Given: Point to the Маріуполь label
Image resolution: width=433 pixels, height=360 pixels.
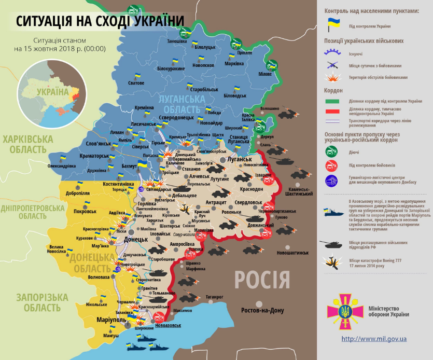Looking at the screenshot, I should coord(111,320).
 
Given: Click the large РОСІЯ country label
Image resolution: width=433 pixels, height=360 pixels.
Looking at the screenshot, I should coord(262,280).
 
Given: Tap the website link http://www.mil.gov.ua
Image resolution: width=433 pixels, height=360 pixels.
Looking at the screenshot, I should coord(374,339).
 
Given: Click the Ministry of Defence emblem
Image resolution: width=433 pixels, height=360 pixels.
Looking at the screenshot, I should coord(342,311).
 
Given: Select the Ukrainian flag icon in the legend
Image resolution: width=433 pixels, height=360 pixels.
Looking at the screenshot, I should coord(332,24).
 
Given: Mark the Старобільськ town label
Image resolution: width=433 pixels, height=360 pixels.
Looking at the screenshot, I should coord(203,89).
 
